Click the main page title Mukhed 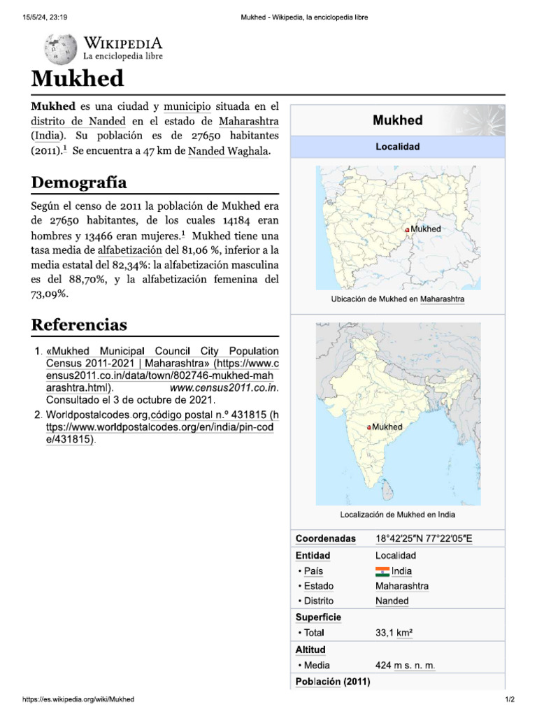pos(78,78)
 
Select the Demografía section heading pos(79,182)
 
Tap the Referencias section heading pos(79,324)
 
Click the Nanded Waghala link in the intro pos(229,151)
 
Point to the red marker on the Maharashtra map pos(407,230)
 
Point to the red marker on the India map pos(368,427)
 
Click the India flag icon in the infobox pos(382,571)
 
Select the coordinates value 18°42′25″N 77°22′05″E pos(424,539)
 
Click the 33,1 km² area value pos(394,633)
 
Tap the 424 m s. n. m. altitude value pos(405,665)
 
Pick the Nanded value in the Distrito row pos(392,601)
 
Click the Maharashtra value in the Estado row pos(402,586)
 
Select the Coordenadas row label pos(325,539)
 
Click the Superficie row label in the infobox pos(318,617)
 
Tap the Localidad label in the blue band pos(397,147)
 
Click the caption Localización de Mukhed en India pos(397,515)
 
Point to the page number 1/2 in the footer pos(510,699)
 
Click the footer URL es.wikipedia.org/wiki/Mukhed pos(79,699)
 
